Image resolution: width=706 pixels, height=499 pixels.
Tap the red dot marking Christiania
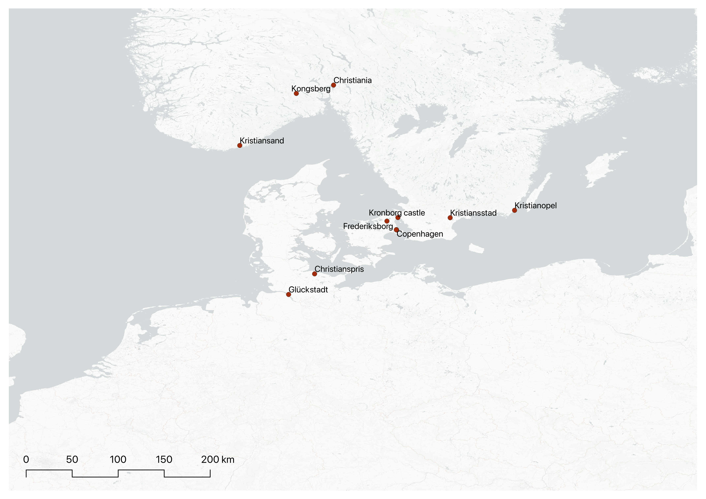(333, 85)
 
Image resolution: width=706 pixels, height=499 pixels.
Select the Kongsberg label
(311, 89)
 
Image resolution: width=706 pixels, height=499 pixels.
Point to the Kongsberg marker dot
(296, 93)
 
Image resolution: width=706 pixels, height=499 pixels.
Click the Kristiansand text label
(262, 141)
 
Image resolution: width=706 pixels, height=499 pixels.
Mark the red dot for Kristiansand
(240, 145)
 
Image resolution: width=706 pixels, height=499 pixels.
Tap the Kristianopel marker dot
(514, 210)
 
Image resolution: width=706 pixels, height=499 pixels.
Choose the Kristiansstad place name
(473, 213)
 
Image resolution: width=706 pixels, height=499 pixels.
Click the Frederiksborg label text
(368, 226)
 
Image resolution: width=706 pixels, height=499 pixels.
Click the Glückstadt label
(308, 290)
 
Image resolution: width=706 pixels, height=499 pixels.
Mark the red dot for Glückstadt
(288, 294)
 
